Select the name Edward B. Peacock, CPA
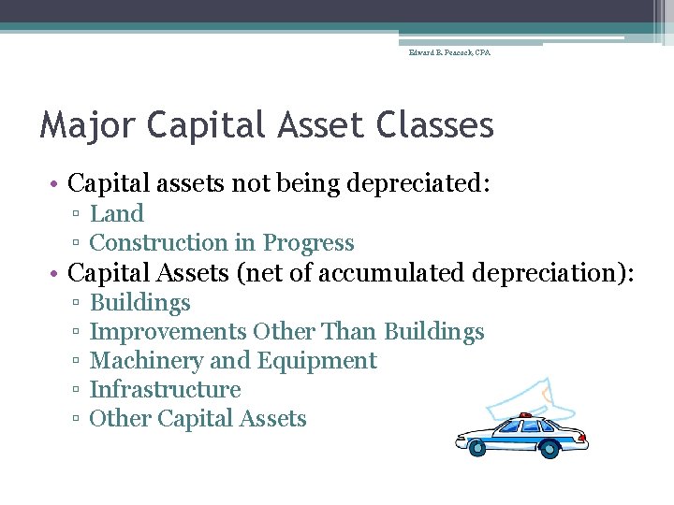click(449, 53)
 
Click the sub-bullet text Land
click(116, 214)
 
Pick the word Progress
click(308, 243)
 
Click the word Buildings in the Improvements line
click(434, 332)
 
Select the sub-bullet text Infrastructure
click(165, 390)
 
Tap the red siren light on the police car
click(526, 415)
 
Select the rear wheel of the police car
click(550, 449)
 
